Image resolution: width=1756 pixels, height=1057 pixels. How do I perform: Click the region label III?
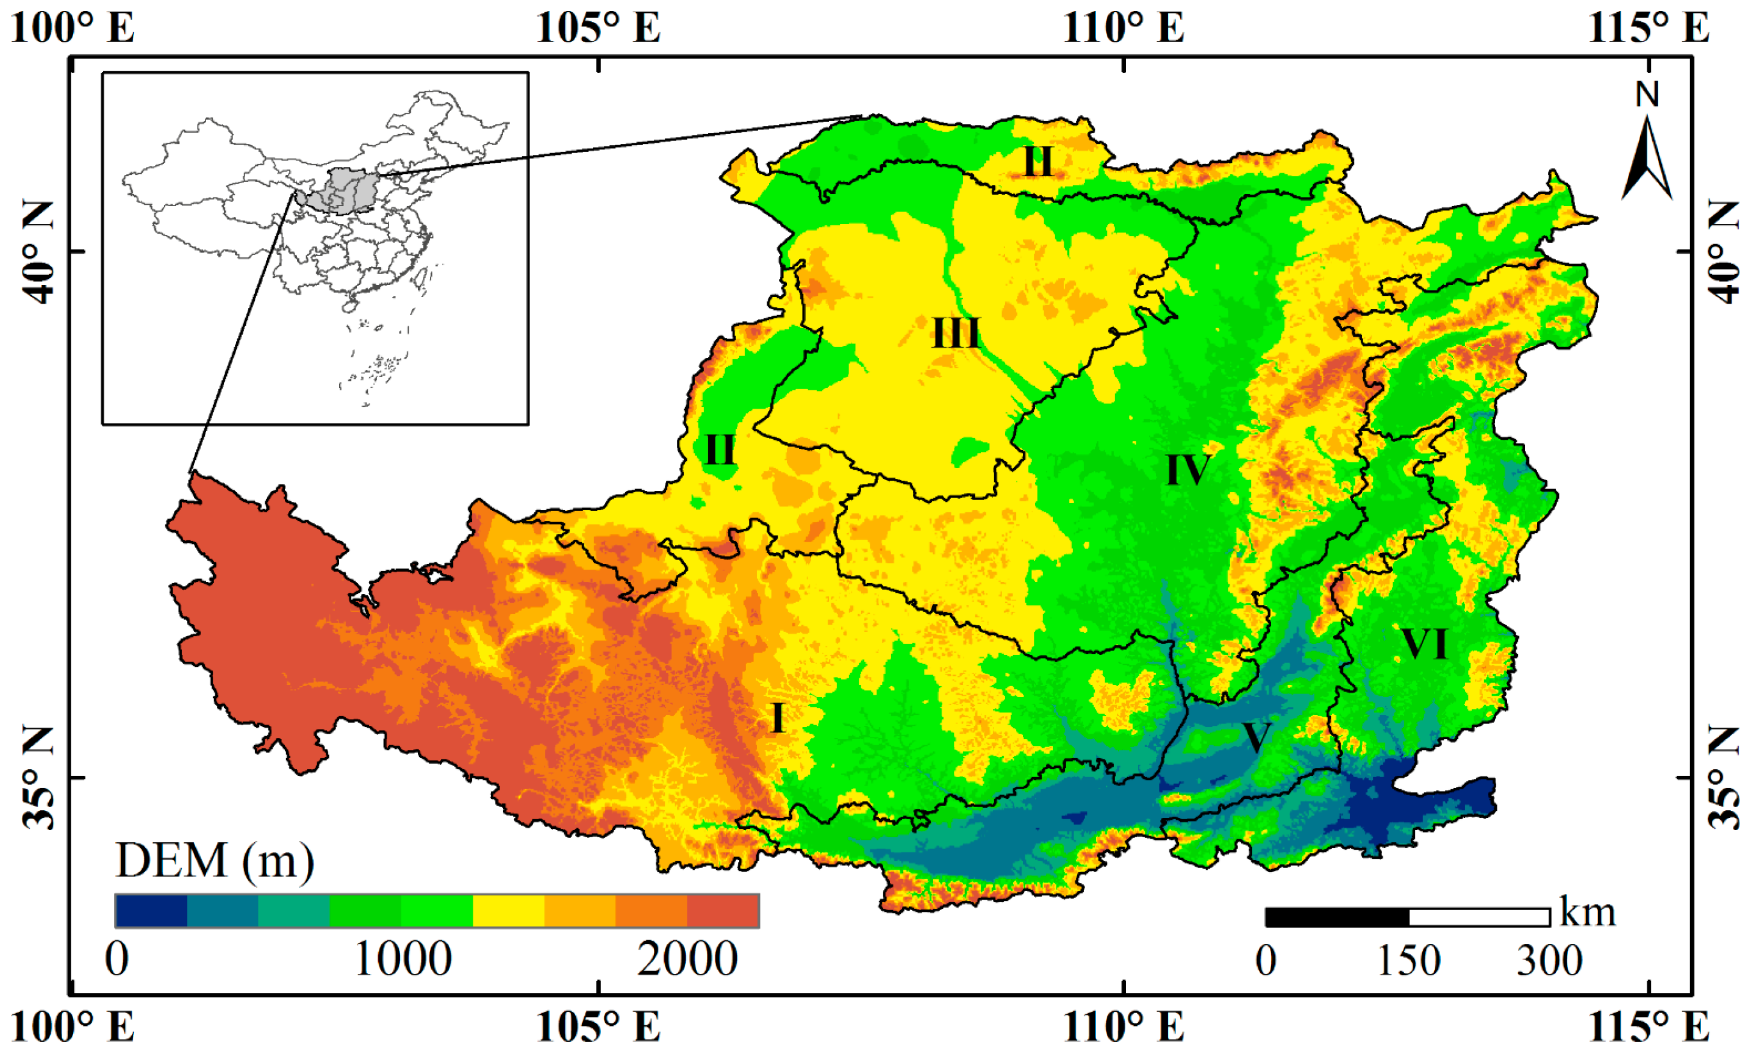(955, 334)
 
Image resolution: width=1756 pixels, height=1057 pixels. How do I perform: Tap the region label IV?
(1188, 470)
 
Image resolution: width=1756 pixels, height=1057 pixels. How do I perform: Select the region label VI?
(1424, 645)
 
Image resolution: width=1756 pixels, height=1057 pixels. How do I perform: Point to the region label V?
(1255, 737)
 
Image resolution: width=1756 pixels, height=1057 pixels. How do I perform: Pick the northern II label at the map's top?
(1037, 162)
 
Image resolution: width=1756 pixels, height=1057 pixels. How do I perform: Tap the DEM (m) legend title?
(214, 861)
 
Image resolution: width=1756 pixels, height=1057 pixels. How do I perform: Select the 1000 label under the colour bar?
(403, 959)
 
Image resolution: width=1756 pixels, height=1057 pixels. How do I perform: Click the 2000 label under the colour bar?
(687, 959)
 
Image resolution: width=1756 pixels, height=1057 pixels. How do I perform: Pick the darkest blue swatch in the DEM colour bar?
(151, 911)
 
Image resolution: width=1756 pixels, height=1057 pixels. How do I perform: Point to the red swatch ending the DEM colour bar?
(723, 911)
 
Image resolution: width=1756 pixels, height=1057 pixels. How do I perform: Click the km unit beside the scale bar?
(1587, 912)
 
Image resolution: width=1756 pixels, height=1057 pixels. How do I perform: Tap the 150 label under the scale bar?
(1408, 961)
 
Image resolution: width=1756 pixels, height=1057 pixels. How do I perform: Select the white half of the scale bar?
(1479, 917)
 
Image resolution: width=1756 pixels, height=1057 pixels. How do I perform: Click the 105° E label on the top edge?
(598, 29)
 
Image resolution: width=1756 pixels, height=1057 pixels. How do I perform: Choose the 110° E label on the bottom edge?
(1123, 1028)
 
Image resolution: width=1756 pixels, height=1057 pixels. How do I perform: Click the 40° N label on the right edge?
(1723, 251)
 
